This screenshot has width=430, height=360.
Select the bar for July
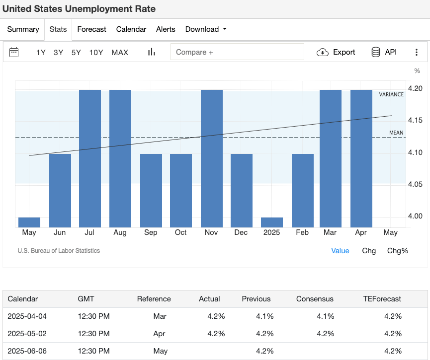[90, 158]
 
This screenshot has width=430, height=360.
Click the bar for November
[211, 158]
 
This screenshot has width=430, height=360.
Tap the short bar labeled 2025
[272, 222]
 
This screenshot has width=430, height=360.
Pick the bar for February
[302, 191]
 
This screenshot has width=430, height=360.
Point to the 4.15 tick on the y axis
[415, 120]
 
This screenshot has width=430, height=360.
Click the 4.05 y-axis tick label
[415, 184]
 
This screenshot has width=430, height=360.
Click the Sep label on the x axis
[151, 232]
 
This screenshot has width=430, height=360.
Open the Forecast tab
[91, 29]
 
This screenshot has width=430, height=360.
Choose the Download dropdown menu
[205, 29]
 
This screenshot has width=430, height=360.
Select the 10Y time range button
[96, 52]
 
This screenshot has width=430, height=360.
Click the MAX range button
[120, 52]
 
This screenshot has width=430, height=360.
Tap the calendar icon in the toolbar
[14, 52]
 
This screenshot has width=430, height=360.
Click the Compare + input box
[237, 52]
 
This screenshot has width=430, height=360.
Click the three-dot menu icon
[417, 52]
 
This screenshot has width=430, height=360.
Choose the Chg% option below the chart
[397, 251]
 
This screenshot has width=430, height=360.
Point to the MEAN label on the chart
[396, 133]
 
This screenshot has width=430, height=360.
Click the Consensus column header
[315, 299]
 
